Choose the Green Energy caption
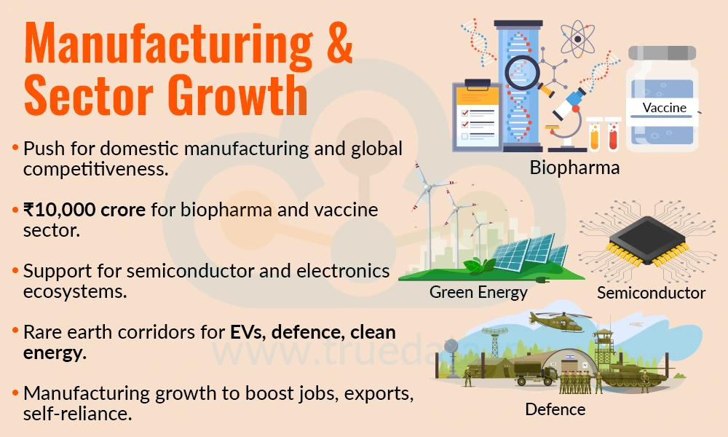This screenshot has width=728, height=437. [478, 292]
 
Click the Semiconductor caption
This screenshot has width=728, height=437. [651, 293]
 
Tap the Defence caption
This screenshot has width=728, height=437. [555, 409]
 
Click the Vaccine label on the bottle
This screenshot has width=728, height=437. [664, 108]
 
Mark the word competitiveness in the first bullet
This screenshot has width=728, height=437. [95, 170]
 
